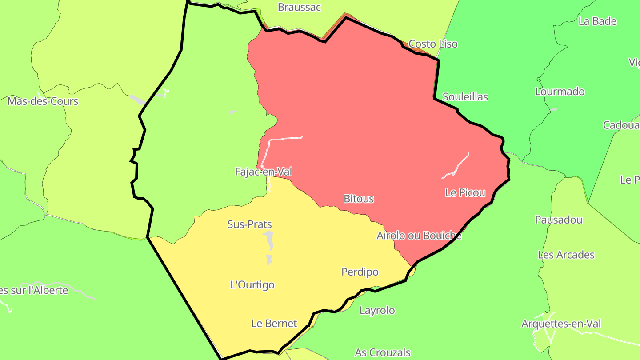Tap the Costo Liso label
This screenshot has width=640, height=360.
click(x=433, y=44)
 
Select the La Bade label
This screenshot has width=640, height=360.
click(x=597, y=21)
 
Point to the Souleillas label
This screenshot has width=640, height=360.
click(x=465, y=97)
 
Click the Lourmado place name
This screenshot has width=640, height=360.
click(x=560, y=92)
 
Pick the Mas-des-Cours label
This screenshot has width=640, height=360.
click(x=43, y=101)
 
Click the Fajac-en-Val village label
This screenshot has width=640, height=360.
click(x=264, y=172)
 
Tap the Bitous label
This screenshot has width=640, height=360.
click(x=359, y=199)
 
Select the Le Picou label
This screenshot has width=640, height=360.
click(x=465, y=193)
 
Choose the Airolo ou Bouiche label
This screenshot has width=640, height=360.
click(x=419, y=236)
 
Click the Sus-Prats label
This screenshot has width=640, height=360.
click(x=249, y=224)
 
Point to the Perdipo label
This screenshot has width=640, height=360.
click(x=360, y=272)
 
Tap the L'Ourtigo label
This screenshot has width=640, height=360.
click(x=252, y=285)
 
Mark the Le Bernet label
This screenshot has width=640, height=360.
click(x=274, y=324)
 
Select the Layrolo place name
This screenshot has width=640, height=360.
click(x=377, y=310)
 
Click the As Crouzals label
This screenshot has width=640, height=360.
click(x=382, y=353)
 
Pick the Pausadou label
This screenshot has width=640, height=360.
click(x=559, y=220)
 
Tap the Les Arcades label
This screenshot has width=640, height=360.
click(x=566, y=255)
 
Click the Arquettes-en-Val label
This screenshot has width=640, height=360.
click(x=560, y=324)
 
